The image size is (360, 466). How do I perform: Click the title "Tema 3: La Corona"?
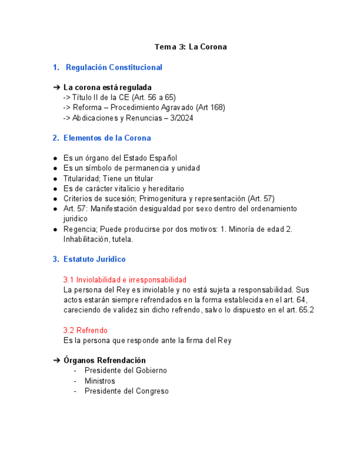(190, 47)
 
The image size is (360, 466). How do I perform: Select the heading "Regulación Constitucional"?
(114, 67)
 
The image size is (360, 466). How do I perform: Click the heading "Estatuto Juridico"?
(94, 259)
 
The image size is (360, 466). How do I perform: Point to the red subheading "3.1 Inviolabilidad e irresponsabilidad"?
(125, 280)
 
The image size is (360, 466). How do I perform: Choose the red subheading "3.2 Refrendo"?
(85, 330)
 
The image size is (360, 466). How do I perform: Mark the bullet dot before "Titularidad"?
(56, 179)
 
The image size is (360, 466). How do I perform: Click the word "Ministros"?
(99, 381)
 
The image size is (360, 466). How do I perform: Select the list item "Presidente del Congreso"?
(126, 391)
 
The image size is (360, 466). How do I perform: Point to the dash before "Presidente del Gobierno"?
(75, 371)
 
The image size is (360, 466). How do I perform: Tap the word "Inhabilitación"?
(86, 239)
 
